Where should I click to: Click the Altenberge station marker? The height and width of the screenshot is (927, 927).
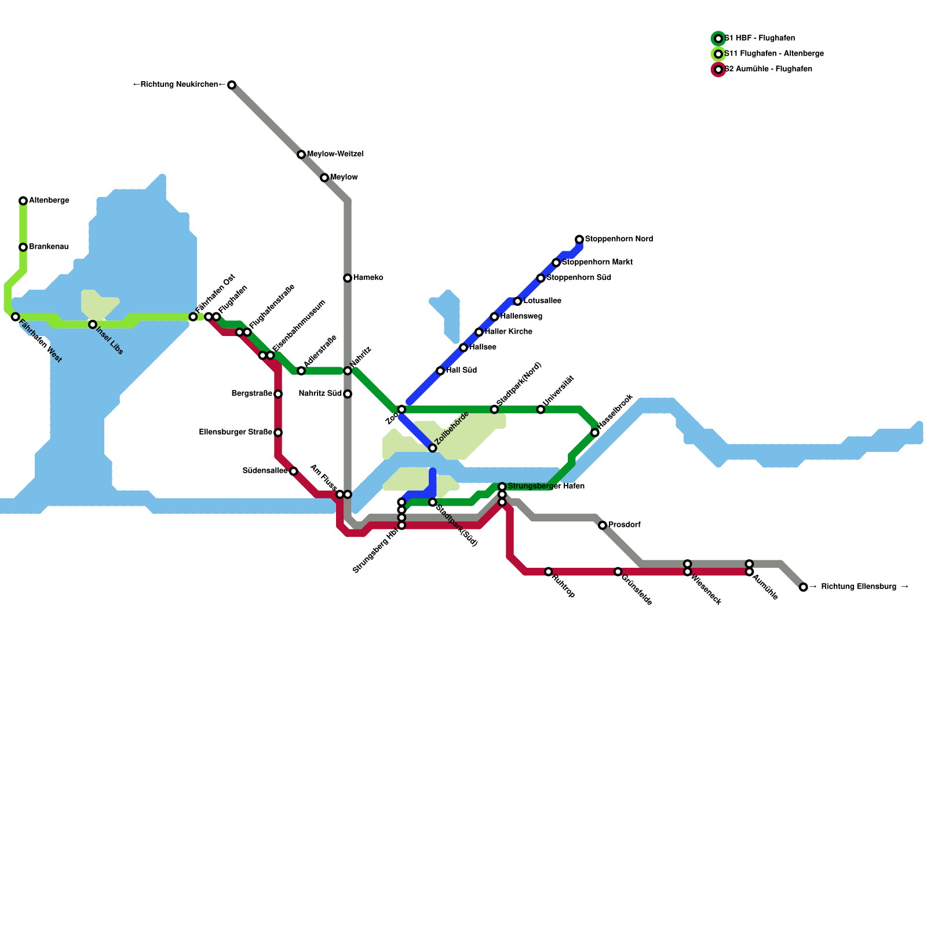tap(23, 201)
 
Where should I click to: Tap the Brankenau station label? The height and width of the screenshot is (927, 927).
tap(49, 247)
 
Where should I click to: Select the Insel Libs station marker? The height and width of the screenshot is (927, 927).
tap(93, 324)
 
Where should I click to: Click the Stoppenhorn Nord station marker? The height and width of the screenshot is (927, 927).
tap(579, 239)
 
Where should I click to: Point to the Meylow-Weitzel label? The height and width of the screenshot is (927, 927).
tap(335, 155)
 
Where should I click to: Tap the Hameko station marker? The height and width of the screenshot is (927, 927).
tap(348, 278)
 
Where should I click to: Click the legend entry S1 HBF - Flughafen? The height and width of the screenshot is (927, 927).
tap(759, 39)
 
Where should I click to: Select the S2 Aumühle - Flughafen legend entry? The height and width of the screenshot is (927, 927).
tap(768, 70)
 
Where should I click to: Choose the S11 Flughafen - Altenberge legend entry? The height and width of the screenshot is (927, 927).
tap(773, 54)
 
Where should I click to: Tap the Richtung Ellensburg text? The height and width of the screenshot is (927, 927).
tap(864, 587)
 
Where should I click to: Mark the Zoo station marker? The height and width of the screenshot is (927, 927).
tap(402, 410)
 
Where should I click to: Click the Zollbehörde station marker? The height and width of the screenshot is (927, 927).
tap(432, 448)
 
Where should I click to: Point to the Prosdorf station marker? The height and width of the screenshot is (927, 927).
tap(603, 525)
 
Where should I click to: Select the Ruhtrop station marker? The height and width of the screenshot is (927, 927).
tap(549, 572)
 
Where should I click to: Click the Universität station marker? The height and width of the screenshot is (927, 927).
tap(541, 410)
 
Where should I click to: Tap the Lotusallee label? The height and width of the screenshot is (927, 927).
tap(542, 301)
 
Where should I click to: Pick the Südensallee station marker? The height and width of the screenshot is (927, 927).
tap(294, 471)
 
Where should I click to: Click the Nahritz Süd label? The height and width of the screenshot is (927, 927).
tap(320, 394)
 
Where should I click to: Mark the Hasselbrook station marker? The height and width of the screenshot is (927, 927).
tap(595, 433)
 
